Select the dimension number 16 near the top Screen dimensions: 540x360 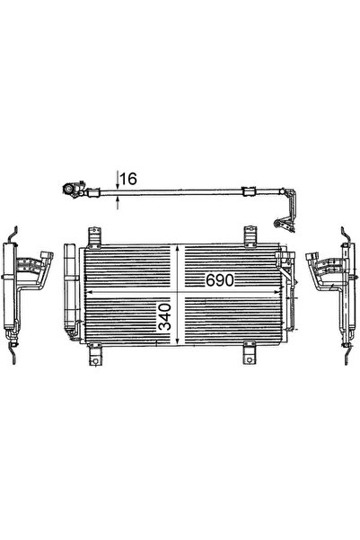127,180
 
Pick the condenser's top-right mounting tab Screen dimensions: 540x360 246,237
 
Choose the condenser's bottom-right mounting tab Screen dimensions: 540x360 247,357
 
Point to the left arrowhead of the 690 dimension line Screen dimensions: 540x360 87,294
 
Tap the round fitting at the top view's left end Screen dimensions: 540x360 66,191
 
